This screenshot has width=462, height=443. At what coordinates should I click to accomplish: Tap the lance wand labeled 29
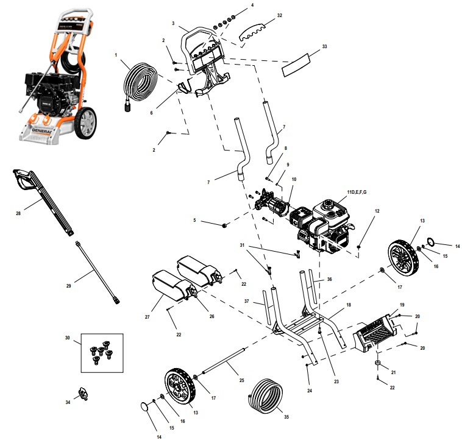(97, 271)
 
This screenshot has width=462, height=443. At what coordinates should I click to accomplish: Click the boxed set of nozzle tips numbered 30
(102, 352)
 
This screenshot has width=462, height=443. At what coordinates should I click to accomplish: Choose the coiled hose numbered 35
(266, 398)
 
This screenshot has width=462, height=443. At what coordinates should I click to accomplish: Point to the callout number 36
(330, 280)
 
